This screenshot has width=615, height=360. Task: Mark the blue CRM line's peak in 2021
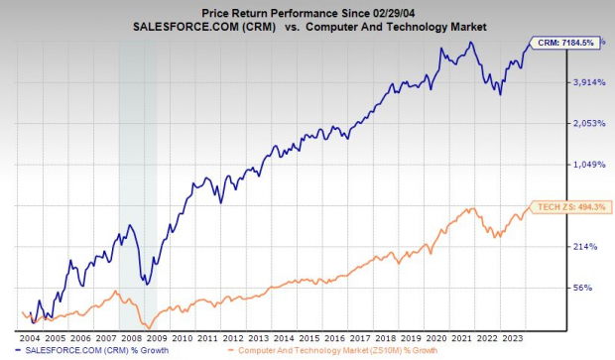473,43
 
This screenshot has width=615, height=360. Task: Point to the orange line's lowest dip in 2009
147,326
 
